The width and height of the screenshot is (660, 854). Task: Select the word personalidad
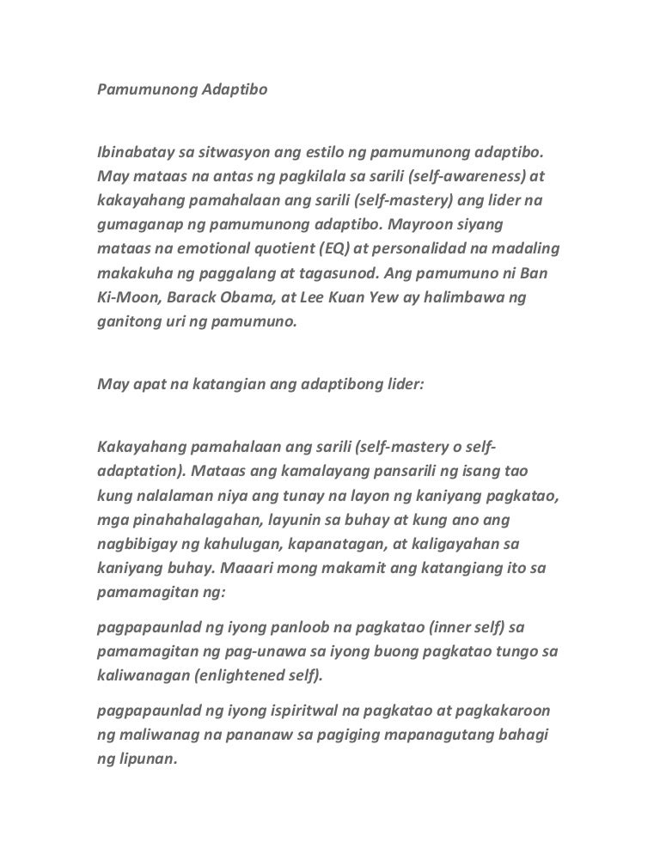coord(438,249)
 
